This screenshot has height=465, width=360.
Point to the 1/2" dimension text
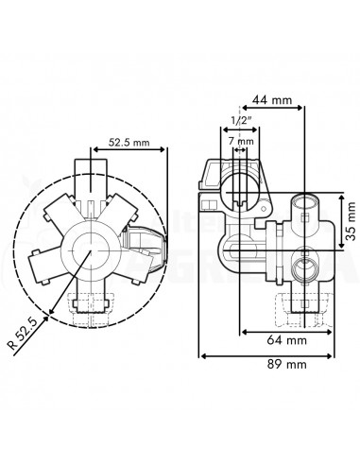point(240,121)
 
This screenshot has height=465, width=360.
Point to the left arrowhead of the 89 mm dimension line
point(203,355)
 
